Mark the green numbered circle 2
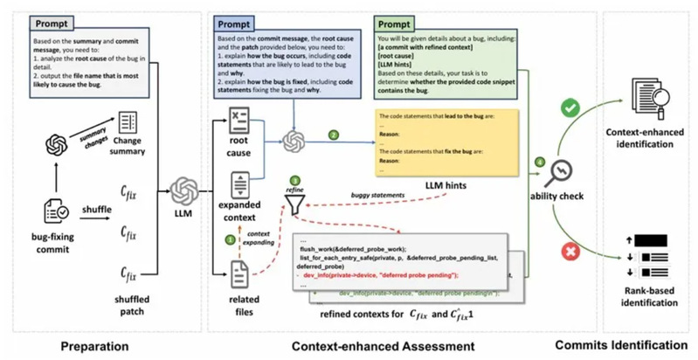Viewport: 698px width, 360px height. [x=333, y=135]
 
